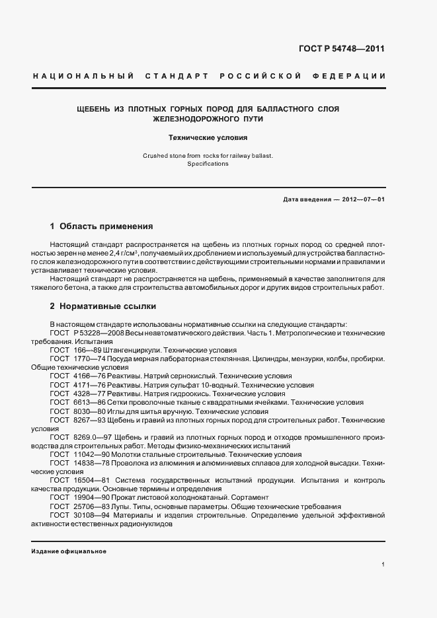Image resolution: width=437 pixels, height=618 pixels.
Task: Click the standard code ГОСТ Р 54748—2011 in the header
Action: pos(342,49)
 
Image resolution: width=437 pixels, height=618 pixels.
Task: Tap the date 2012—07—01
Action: pos(362,199)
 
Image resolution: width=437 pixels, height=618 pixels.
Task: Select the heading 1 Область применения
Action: pos(101,225)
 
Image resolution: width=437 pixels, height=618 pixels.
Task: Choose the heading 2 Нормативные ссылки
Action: pos(103,306)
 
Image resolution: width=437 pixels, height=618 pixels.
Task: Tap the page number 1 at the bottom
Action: pos(383,565)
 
